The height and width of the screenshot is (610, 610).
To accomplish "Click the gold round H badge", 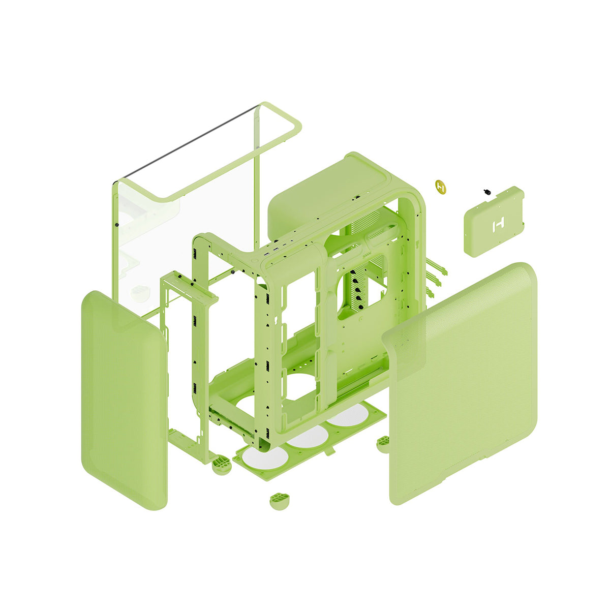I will tap(441, 186).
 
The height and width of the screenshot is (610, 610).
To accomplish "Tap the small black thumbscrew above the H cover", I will tap(487, 192).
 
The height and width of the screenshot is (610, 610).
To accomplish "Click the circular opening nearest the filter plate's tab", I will tap(350, 418).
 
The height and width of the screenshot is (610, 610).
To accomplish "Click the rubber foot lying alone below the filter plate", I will tap(279, 500).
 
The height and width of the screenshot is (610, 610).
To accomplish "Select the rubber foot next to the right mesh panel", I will tap(383, 443).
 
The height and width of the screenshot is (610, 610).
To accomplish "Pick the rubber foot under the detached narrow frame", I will tap(222, 465).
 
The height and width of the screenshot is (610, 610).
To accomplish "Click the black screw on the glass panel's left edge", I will tap(117, 224).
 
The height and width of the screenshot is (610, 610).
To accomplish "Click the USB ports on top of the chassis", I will tap(278, 249).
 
